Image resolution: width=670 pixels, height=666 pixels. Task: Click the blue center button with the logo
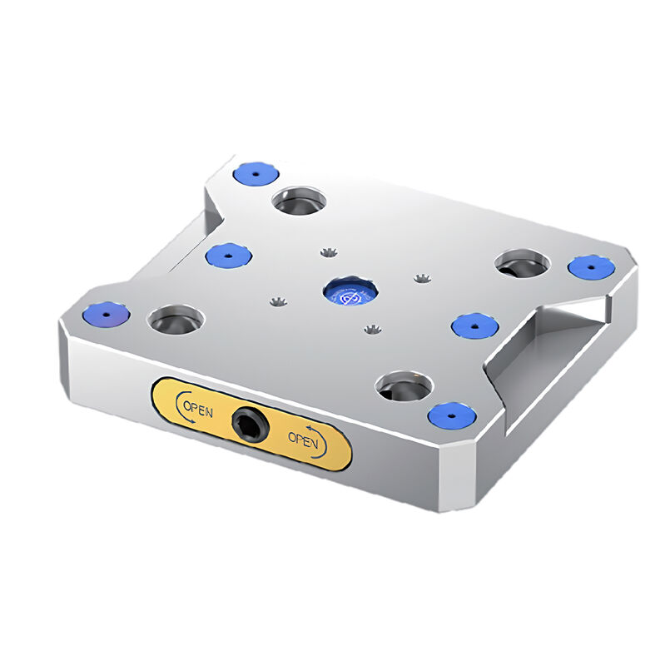(350, 292)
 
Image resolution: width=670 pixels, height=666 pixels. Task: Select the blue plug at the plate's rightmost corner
(591, 267)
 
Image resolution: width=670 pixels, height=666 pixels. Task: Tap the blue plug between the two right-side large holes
(474, 325)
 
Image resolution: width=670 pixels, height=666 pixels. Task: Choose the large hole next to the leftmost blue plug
(175, 319)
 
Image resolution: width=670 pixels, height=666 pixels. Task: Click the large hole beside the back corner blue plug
(300, 201)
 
